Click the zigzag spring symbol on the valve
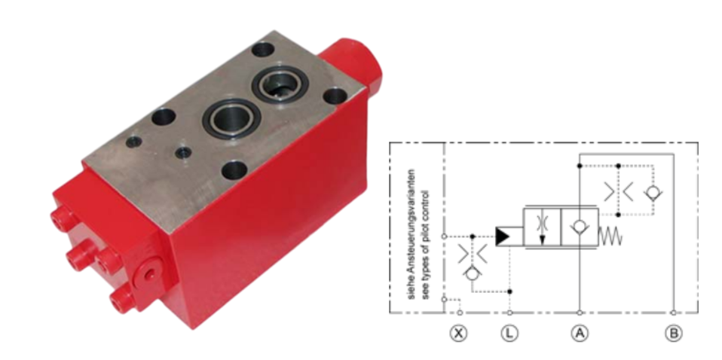click(x=610, y=236)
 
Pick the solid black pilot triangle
click(x=503, y=236)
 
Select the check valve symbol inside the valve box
click(x=580, y=227)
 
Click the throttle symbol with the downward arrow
click(x=542, y=227)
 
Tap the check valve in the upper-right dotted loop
click(x=653, y=193)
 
